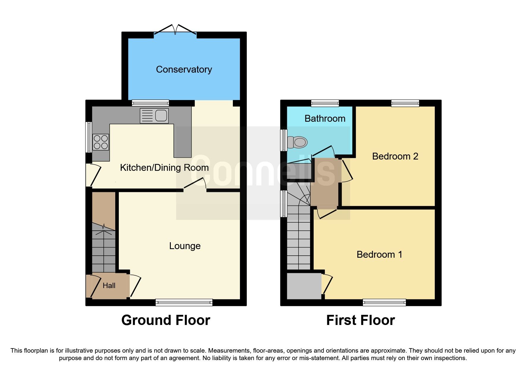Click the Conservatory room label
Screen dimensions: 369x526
point(184,69)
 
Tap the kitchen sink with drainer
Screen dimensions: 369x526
point(154,115)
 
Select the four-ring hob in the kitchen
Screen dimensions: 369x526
point(101,142)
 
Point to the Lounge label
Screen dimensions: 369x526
point(185,246)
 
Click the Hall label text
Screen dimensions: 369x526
point(109,286)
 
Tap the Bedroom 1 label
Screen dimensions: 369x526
point(379,254)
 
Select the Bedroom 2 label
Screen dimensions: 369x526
point(395,156)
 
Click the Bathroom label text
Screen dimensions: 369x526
point(325,118)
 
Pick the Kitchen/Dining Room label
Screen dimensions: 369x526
point(164,168)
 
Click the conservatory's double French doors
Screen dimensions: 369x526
point(175,31)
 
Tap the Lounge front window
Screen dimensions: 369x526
point(184,302)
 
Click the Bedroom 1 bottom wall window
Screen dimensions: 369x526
point(384,302)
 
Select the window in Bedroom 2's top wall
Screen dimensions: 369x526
point(405,103)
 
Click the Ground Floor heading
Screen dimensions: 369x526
point(166,320)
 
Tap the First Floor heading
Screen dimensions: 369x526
point(361,320)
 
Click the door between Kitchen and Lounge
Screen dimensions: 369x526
point(195,184)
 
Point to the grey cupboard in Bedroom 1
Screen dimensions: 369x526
point(304,286)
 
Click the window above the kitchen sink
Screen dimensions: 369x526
point(151,103)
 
